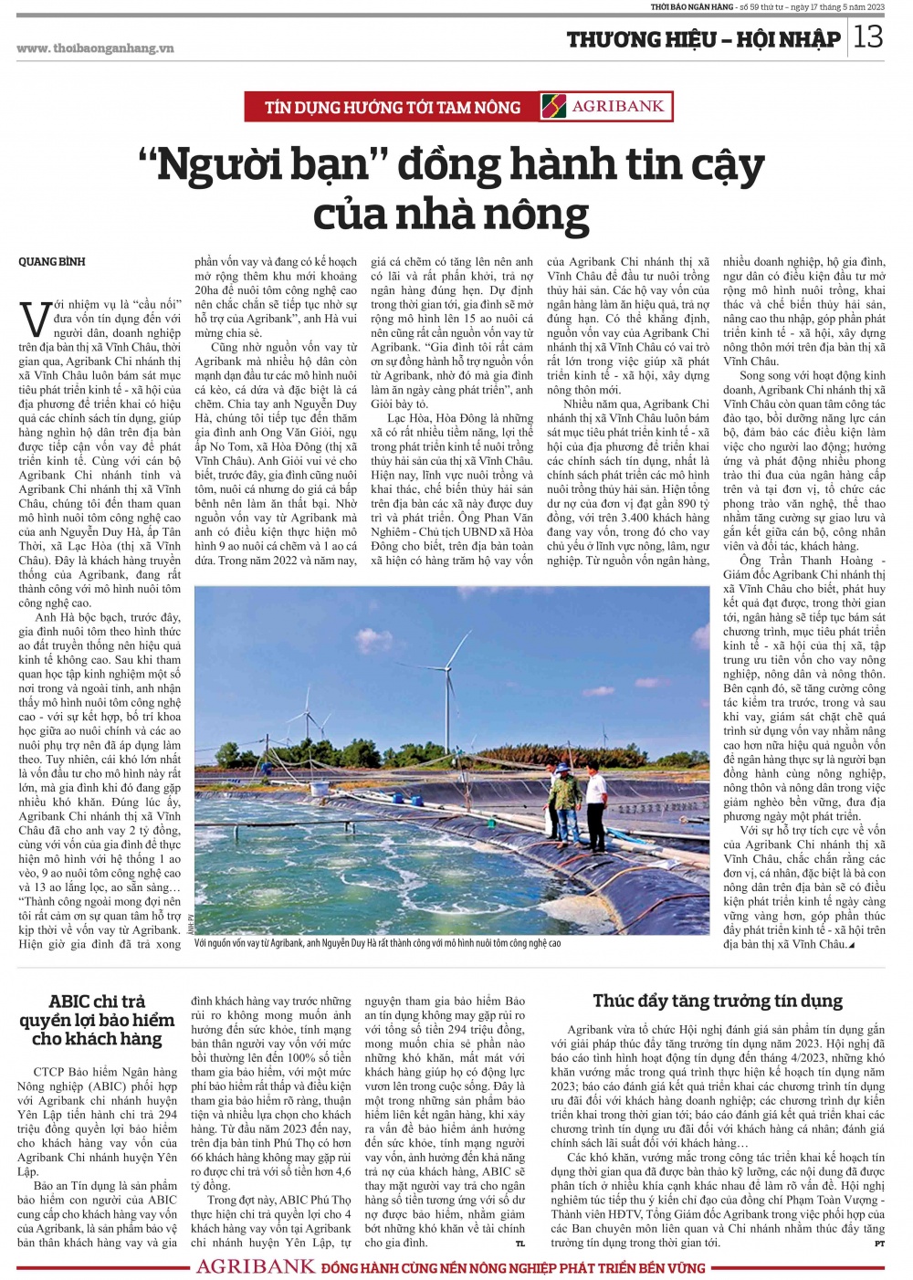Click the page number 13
[x=868, y=37]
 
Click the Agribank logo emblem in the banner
[x=553, y=107]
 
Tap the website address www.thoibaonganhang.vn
[x=95, y=48]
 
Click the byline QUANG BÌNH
[x=52, y=262]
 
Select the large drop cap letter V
[x=35, y=320]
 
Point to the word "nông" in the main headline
[x=537, y=215]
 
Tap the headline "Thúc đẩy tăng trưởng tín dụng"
[x=718, y=1002]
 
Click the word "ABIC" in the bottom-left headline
[x=69, y=1002]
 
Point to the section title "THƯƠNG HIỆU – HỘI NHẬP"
[x=703, y=39]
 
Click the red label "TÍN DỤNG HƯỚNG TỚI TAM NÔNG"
[x=393, y=108]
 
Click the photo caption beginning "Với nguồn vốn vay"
[x=378, y=943]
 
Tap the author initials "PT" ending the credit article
[x=879, y=1243]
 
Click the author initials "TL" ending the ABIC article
[x=520, y=1243]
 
